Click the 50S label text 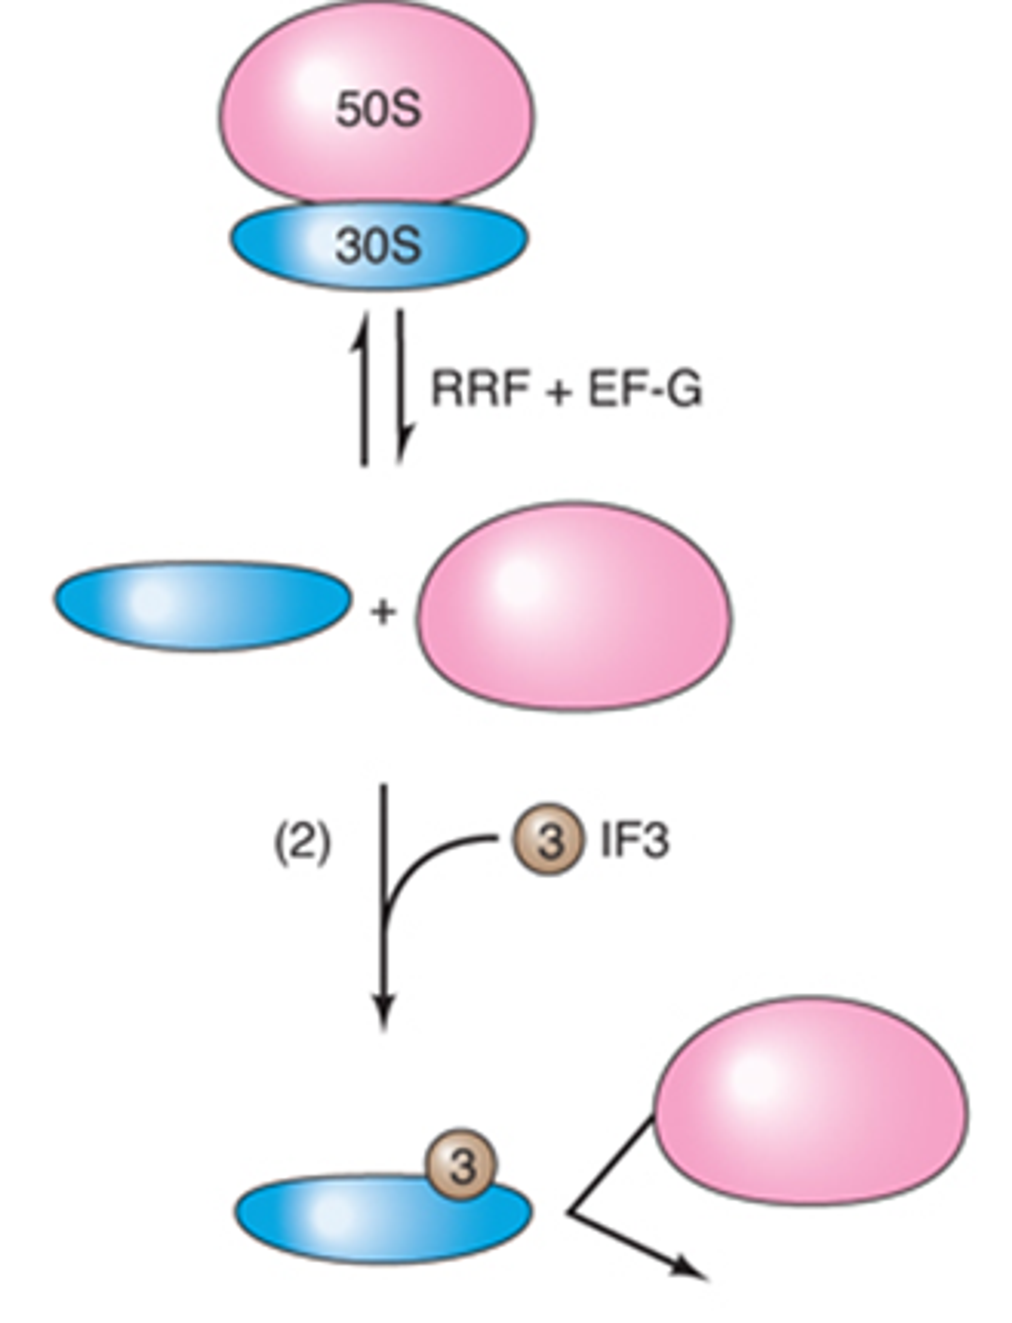pos(378,110)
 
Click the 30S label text pos(378,246)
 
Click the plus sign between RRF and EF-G pos(559,392)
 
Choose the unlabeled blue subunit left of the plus pos(202,605)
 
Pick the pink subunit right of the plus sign pos(575,605)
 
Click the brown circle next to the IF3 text pos(548,839)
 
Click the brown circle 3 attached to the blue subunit pos(461,1164)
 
